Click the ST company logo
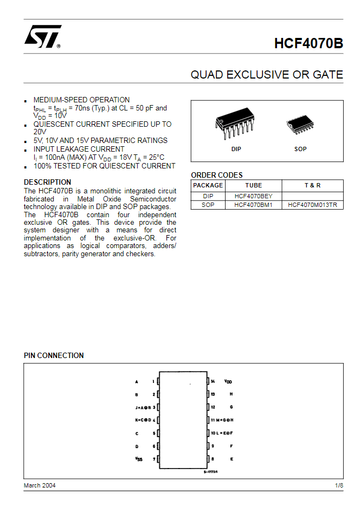[x=42, y=37]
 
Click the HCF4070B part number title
[x=308, y=43]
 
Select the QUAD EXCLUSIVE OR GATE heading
[x=267, y=75]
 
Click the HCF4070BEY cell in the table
[x=253, y=196]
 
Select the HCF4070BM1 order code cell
[x=253, y=205]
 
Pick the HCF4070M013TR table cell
[x=312, y=205]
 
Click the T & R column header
[x=312, y=185]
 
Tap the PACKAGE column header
[x=208, y=185]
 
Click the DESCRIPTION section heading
[x=47, y=182]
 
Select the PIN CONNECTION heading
[x=54, y=355]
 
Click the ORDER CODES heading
[x=217, y=175]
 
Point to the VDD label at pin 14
[x=228, y=381]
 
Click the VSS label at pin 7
[x=139, y=459]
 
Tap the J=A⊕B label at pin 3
[x=143, y=407]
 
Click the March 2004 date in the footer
[x=40, y=485]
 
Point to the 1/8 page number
[x=339, y=485]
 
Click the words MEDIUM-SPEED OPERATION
[x=81, y=100]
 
